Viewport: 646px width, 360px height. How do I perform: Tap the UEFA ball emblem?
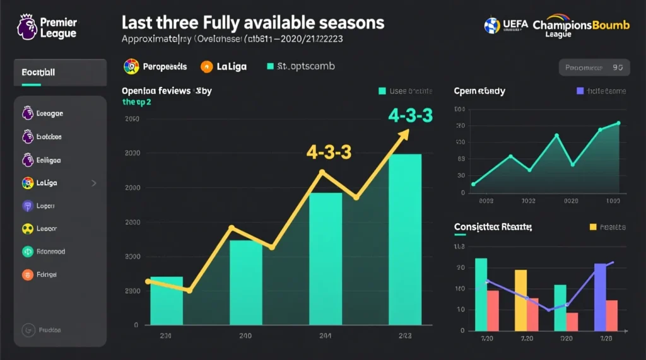(x=491, y=25)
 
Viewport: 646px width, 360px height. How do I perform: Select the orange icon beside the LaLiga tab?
(x=206, y=66)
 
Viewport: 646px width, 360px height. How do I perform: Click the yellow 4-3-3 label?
(x=328, y=152)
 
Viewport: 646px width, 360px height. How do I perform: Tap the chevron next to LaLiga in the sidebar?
(x=94, y=183)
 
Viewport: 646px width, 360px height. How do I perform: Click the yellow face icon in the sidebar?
(x=28, y=229)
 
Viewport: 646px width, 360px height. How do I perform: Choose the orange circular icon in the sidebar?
(x=27, y=274)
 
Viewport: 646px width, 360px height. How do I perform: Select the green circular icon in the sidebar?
(x=27, y=252)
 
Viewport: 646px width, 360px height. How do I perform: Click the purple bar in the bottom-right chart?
(x=599, y=296)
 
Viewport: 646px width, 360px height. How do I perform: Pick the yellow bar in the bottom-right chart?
(x=520, y=299)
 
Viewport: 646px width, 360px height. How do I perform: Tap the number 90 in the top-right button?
(x=617, y=67)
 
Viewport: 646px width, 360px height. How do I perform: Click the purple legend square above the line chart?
(x=580, y=91)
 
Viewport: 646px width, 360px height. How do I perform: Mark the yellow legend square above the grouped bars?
(x=592, y=226)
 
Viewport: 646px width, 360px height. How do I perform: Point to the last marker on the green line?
(x=619, y=124)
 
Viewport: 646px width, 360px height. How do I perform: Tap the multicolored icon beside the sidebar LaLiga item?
(x=27, y=183)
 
